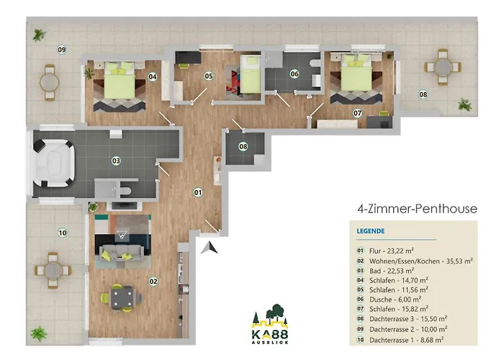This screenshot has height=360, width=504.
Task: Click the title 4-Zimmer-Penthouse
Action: coord(417,210)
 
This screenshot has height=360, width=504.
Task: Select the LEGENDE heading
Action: coord(370,231)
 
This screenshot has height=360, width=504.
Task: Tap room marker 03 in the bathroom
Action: coord(115,161)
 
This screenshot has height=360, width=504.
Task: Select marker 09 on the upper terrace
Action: coord(63,50)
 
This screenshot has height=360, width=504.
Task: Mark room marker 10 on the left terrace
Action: coord(63,232)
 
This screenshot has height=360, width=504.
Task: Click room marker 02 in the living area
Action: coord(153,282)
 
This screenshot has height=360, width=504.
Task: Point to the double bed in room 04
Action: coord(119,84)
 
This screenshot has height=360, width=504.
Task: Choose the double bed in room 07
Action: coord(356,76)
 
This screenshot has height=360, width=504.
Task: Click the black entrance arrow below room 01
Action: coord(210,248)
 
